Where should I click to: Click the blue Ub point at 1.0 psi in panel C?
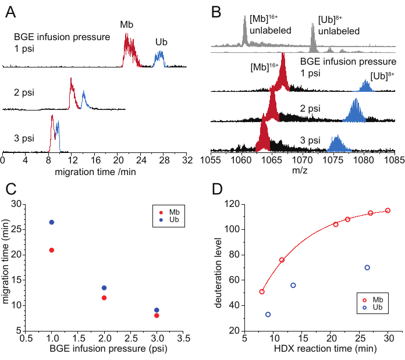(x=51, y=222)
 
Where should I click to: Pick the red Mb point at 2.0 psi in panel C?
(x=104, y=298)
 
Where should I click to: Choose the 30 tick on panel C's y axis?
(x=32, y=204)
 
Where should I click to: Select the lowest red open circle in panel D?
(x=262, y=291)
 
